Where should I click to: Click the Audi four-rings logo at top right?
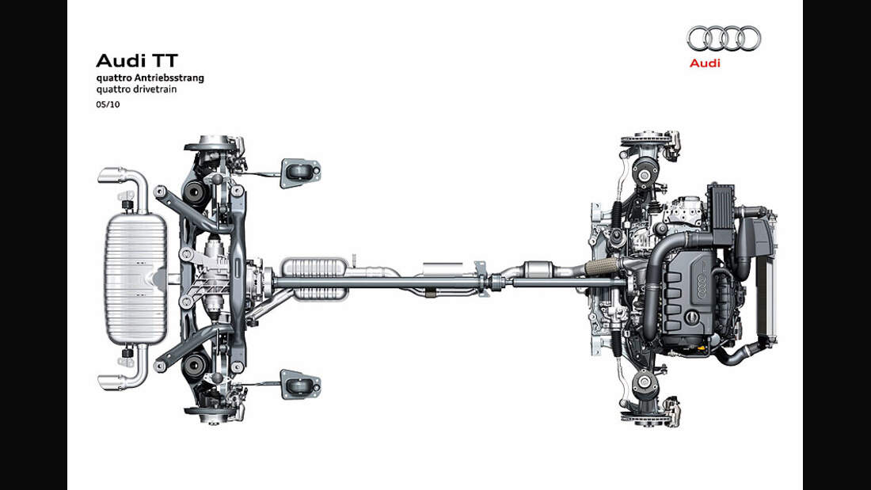(723, 38)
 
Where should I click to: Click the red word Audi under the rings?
(705, 63)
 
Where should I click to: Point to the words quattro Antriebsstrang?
(150, 78)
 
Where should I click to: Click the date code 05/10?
(108, 104)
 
